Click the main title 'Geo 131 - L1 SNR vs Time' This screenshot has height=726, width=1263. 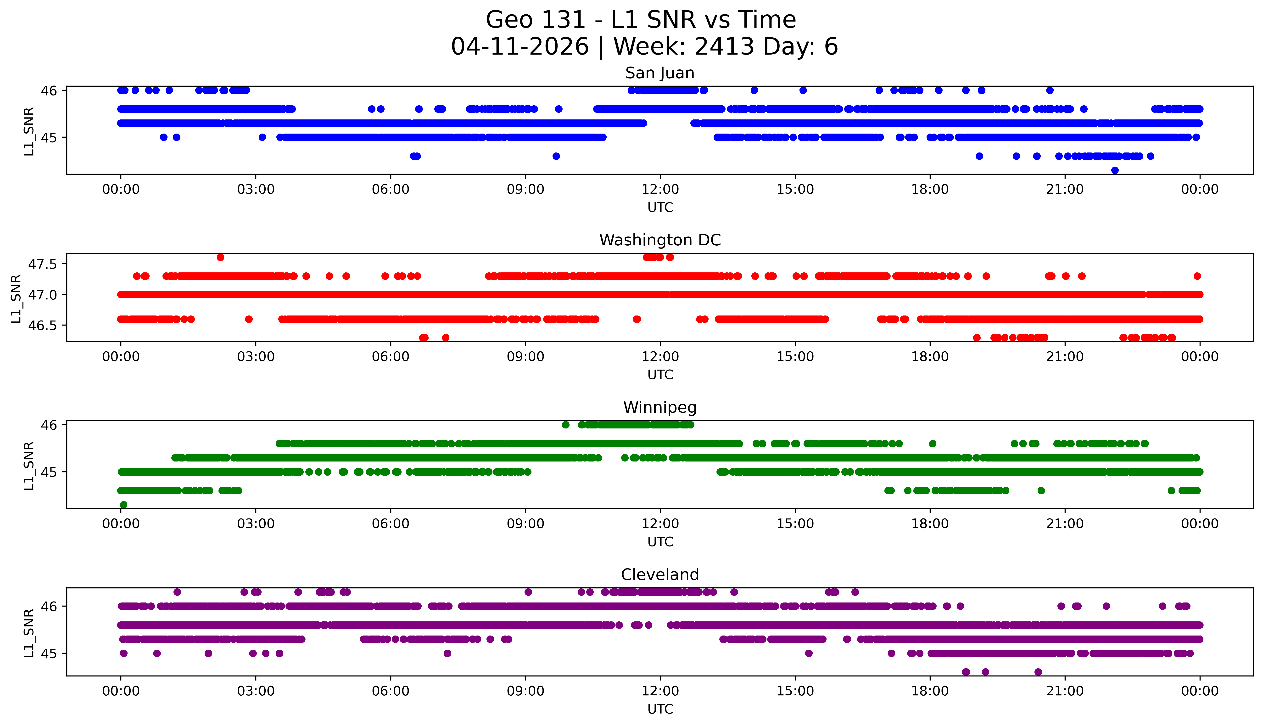(640, 20)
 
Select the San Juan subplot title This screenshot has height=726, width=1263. (659, 73)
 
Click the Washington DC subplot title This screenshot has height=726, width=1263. (659, 240)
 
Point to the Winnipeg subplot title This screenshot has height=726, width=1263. (659, 407)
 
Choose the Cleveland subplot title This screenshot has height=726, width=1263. (659, 575)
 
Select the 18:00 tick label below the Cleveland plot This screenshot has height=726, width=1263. (930, 691)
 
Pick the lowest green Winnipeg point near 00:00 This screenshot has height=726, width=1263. (124, 505)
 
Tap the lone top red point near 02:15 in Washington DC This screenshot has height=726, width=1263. (220, 257)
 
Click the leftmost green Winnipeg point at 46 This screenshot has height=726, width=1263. (565, 425)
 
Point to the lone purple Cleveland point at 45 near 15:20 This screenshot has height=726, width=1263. (808, 653)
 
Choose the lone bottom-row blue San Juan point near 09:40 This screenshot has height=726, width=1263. (556, 156)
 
